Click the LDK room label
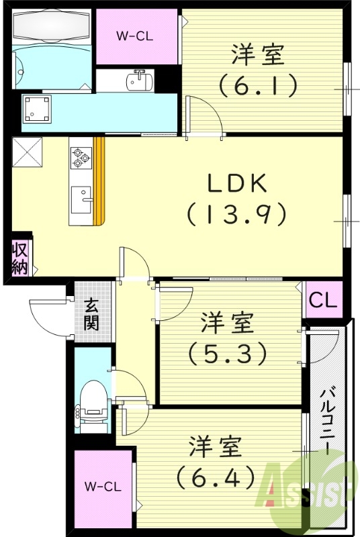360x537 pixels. tap(236, 182)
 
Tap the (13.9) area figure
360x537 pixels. tap(236, 214)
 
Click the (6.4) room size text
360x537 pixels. tap(216, 477)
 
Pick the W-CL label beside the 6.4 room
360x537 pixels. tap(103, 485)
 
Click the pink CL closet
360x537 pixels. tap(324, 300)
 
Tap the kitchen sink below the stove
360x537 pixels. tap(82, 198)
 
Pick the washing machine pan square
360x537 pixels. tap(36, 107)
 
